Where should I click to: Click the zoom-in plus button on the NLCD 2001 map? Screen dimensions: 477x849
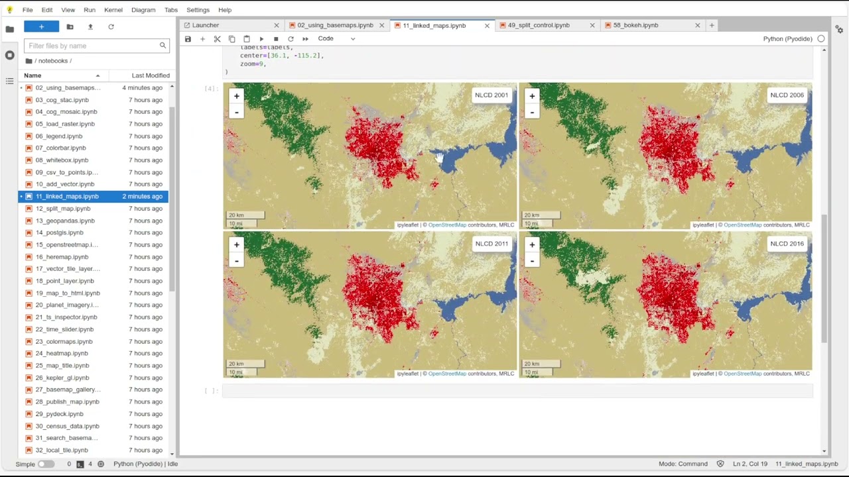(x=236, y=96)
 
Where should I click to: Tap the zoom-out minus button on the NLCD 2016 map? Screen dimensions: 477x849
(x=532, y=260)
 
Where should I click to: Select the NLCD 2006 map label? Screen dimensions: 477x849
(x=787, y=95)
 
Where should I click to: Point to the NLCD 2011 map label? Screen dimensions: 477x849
(x=491, y=244)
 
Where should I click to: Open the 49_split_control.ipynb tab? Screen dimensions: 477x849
(x=538, y=25)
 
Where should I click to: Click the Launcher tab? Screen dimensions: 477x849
(x=206, y=25)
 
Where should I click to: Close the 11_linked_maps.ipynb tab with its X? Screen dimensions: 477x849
(x=487, y=25)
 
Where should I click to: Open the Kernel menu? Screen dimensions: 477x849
(x=113, y=10)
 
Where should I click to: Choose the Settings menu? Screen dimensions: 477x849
(x=198, y=10)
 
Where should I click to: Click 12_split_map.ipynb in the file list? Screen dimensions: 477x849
(x=62, y=209)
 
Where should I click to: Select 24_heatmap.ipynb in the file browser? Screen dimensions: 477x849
(x=61, y=354)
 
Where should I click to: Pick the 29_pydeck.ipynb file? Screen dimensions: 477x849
(x=59, y=414)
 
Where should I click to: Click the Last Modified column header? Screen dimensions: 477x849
(x=151, y=76)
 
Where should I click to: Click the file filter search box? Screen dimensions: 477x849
(x=93, y=46)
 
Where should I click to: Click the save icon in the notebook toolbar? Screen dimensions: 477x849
(x=188, y=39)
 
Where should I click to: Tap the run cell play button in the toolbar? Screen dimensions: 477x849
(x=261, y=39)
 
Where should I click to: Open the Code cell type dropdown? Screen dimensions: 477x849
(x=336, y=38)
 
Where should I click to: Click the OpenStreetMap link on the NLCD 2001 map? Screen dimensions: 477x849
(x=447, y=225)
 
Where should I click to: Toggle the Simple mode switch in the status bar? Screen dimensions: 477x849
(x=46, y=464)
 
